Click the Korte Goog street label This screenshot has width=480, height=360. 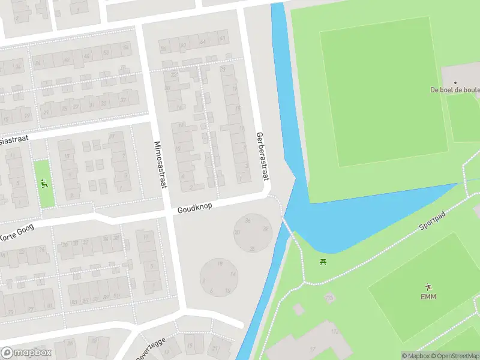[17, 232]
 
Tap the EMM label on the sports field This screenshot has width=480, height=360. [428, 297]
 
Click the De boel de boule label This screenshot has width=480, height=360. [455, 90]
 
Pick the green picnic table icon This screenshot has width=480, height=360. [323, 261]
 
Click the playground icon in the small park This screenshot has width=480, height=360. [44, 182]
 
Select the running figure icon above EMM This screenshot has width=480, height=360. [428, 286]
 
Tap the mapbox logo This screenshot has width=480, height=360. [26, 353]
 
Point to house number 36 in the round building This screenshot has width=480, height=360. [247, 221]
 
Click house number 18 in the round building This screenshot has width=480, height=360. [221, 263]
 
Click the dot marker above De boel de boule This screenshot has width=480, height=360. [455, 82]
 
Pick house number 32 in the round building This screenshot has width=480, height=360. [265, 228]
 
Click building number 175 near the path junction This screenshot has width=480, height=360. [329, 298]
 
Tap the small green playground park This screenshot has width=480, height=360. [44, 183]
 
